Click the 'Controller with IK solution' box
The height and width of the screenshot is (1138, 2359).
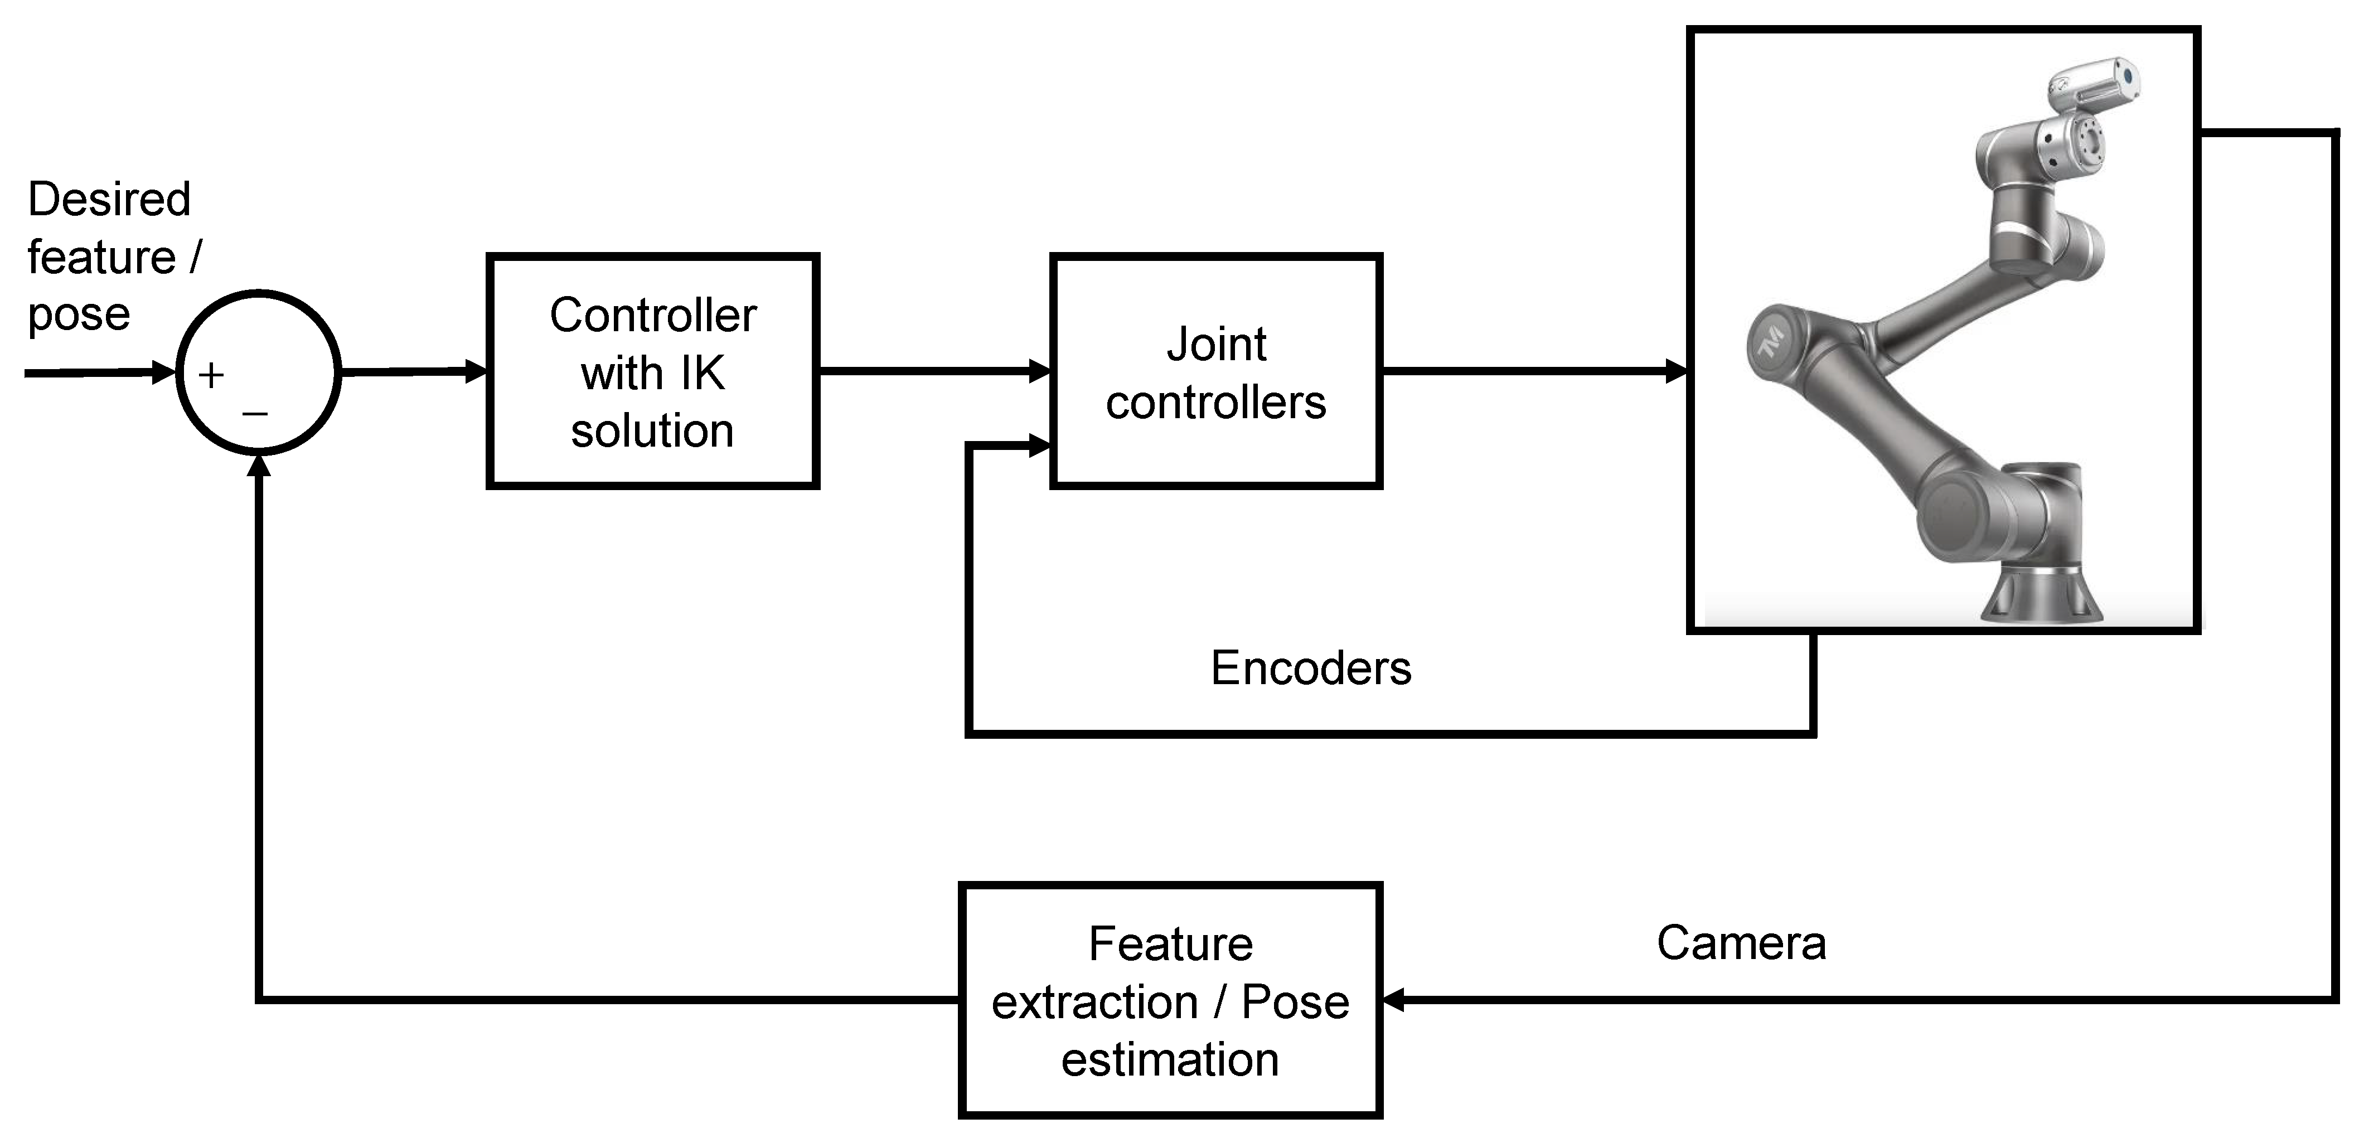click(x=652, y=371)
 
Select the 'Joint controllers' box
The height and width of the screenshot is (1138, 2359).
click(x=1215, y=371)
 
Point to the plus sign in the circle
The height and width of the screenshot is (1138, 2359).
click(x=211, y=375)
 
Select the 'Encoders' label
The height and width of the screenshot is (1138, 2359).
click(x=1310, y=667)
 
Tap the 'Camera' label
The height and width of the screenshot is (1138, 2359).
click(x=1741, y=942)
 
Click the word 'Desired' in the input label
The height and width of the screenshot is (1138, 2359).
click(x=109, y=198)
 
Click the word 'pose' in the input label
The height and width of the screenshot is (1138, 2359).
click(x=79, y=314)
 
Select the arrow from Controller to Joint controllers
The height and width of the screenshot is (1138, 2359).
click(x=934, y=371)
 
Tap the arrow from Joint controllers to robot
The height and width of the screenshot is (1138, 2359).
click(x=1534, y=371)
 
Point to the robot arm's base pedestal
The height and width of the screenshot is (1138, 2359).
click(x=2040, y=595)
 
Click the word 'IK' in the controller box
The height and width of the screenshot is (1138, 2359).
click(x=703, y=372)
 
